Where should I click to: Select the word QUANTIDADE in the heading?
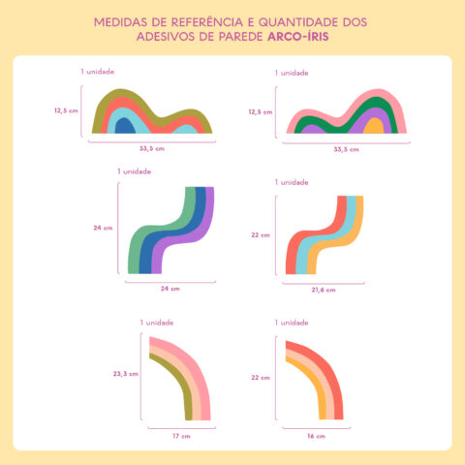(290, 19)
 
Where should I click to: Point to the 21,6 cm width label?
(323, 290)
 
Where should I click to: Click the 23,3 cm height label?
(126, 372)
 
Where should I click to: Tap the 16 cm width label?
(316, 437)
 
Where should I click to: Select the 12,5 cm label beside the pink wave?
(260, 112)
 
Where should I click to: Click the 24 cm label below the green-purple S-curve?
(170, 289)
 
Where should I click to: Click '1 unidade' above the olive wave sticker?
(99, 72)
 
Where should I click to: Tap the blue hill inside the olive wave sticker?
(125, 125)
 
